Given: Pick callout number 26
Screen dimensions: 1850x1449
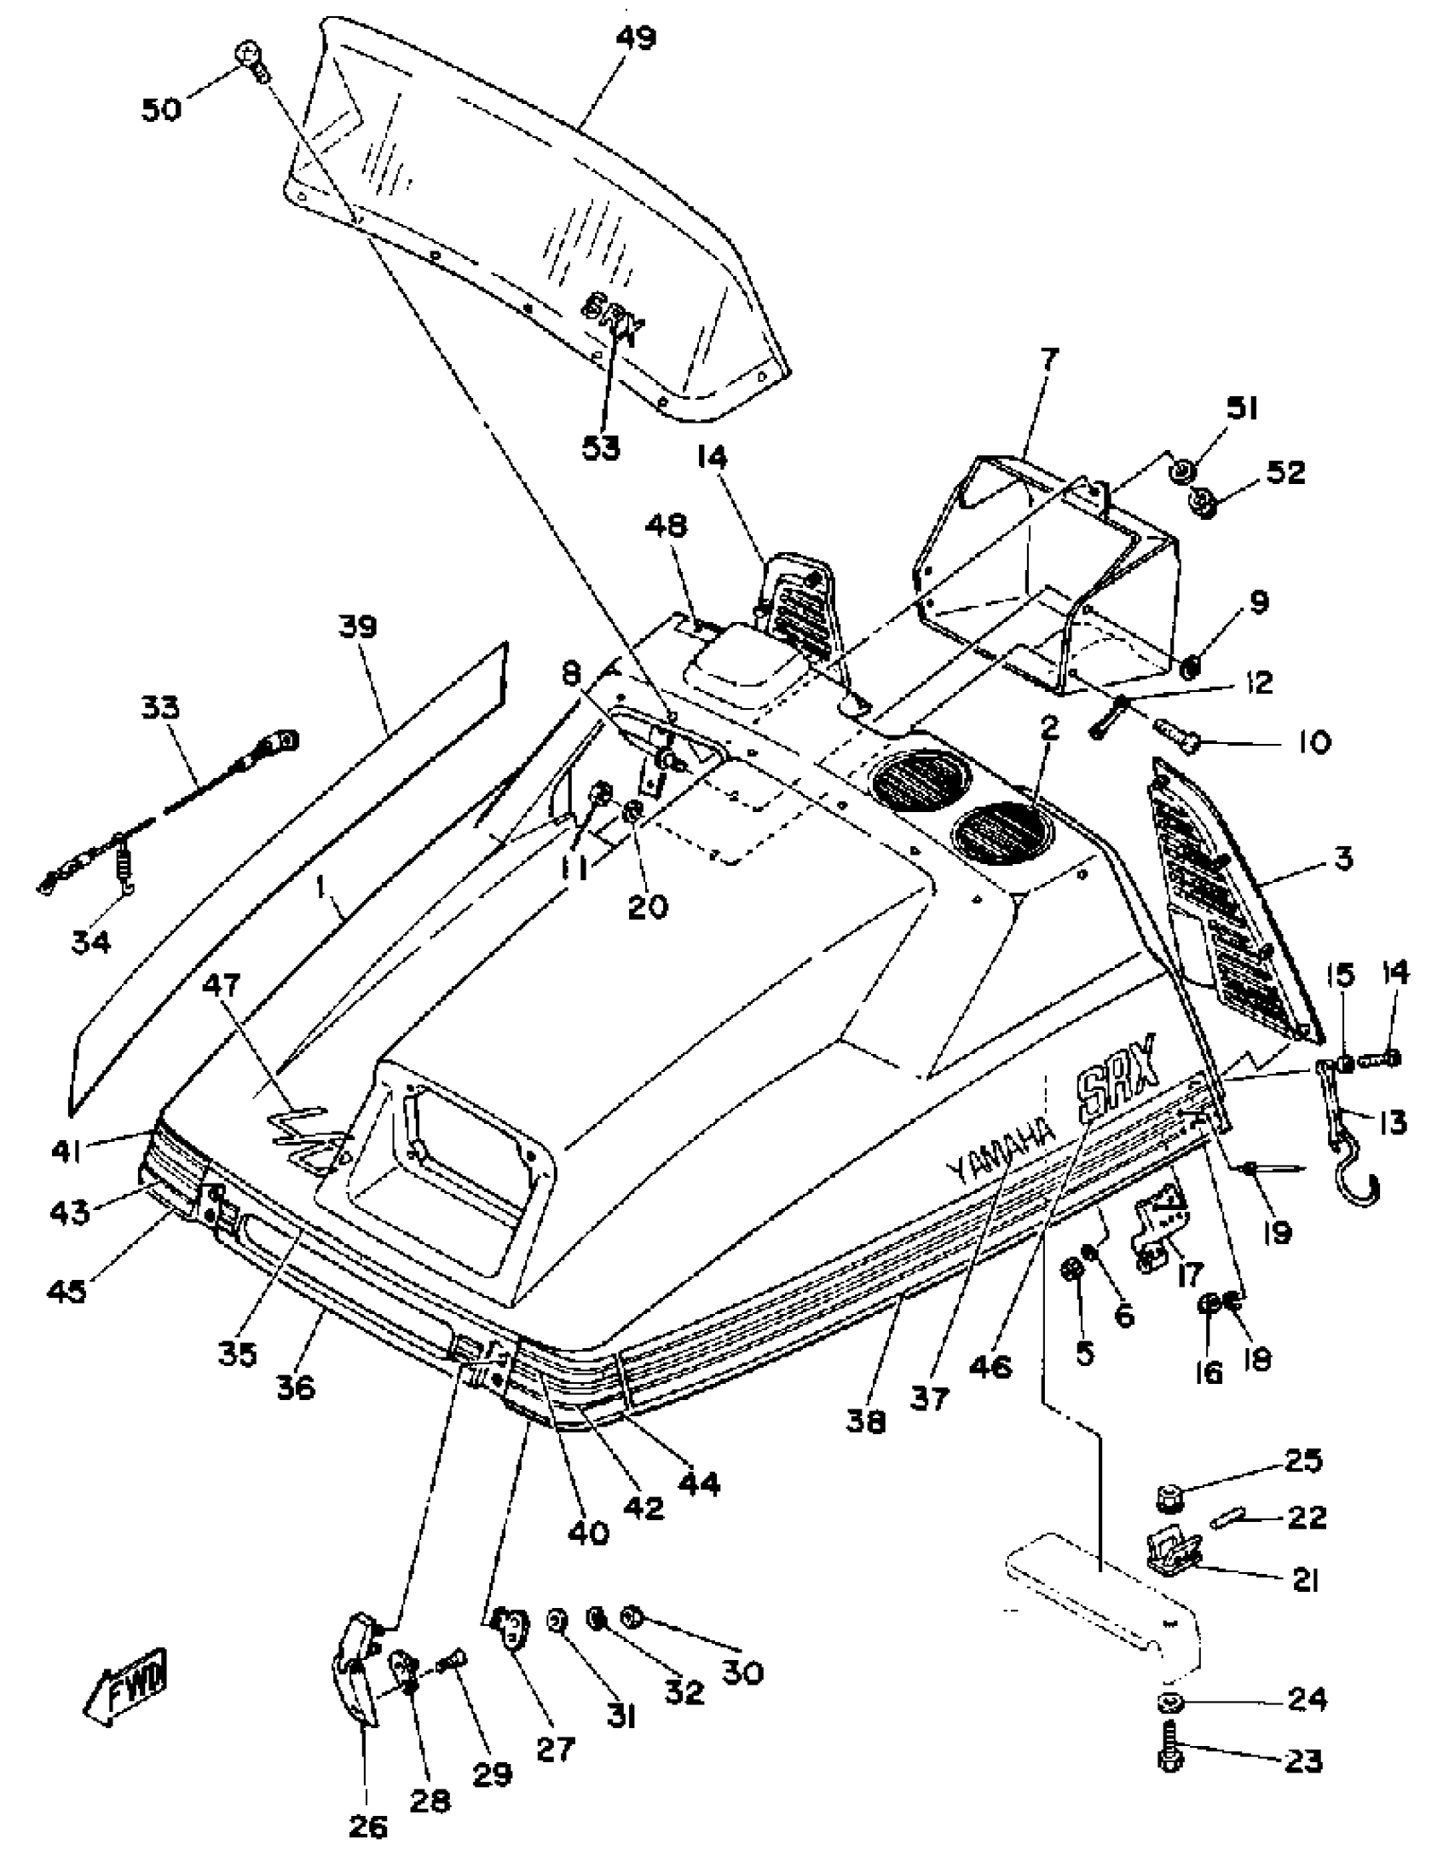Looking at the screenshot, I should [368, 1826].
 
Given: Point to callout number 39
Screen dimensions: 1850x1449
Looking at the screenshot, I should [357, 627].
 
